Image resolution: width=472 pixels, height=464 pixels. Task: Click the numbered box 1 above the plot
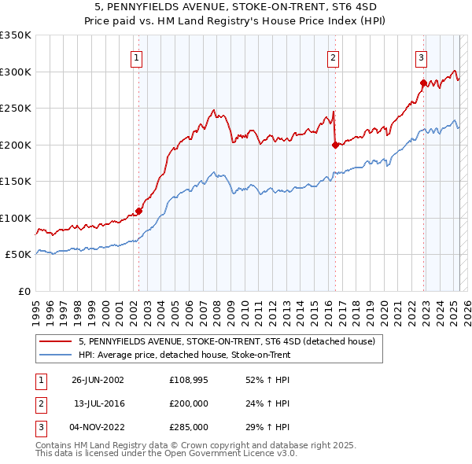click(x=137, y=57)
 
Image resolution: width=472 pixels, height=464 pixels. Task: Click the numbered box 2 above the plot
click(x=334, y=57)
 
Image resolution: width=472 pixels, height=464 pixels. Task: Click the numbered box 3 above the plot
click(x=422, y=57)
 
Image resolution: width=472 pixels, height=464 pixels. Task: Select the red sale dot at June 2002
click(x=138, y=211)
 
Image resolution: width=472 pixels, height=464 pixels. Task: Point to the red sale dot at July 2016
click(x=335, y=145)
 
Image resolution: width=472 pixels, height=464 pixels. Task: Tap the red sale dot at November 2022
click(x=423, y=83)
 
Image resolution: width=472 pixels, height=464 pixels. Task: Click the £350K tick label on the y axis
click(x=16, y=35)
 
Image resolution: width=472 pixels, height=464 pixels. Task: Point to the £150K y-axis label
click(x=16, y=182)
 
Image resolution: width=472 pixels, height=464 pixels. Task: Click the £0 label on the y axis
click(x=24, y=291)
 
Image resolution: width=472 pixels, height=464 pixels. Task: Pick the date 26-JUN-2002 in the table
click(x=98, y=380)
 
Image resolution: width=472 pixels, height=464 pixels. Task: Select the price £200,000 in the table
click(x=189, y=403)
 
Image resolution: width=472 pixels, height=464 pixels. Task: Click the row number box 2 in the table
click(x=39, y=403)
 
